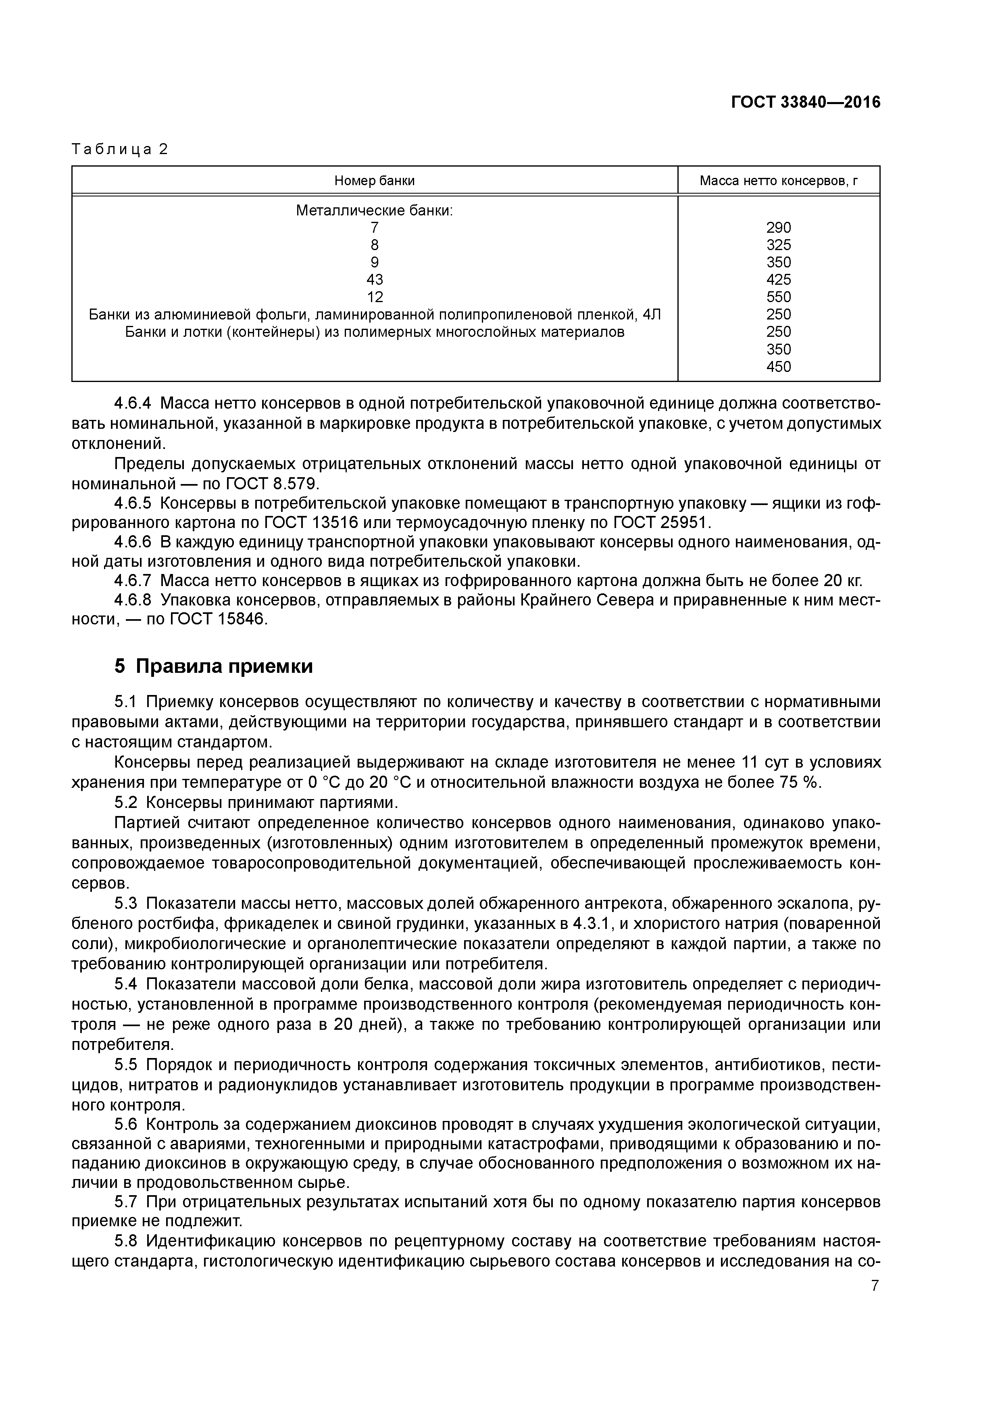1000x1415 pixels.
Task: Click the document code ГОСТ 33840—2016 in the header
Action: point(805,102)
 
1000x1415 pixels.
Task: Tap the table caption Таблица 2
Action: point(120,149)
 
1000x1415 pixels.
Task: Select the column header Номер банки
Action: point(375,181)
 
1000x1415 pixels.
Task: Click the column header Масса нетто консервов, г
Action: point(779,181)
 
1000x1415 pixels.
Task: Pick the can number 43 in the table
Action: point(375,280)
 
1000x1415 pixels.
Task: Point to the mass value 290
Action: point(779,227)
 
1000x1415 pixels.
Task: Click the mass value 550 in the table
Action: point(779,297)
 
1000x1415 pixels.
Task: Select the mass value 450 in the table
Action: point(779,367)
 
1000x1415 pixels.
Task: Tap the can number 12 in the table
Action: point(375,297)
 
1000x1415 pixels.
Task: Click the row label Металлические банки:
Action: point(375,211)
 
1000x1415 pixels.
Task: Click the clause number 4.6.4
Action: point(133,404)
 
